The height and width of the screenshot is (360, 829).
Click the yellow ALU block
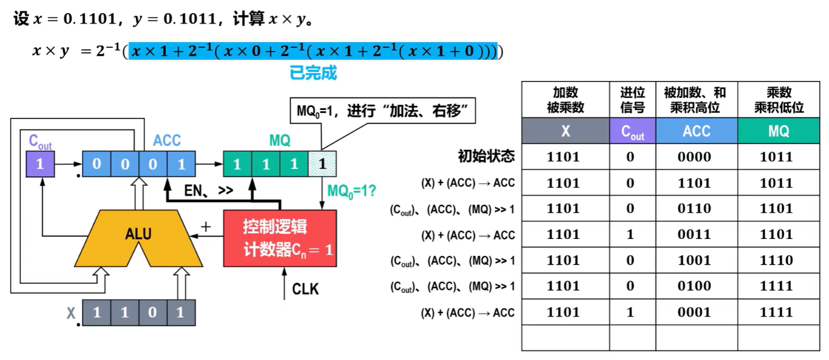point(138,234)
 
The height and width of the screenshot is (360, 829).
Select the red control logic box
point(279,238)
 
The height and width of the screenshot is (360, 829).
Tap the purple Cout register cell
point(40,164)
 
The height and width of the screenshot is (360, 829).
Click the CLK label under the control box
point(305,289)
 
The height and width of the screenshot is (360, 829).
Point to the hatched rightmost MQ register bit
point(322,164)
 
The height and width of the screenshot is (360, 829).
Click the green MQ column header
point(778,131)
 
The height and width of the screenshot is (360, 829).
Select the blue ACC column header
point(696,131)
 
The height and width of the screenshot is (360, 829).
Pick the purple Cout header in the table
point(632,131)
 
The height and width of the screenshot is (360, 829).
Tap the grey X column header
point(565,131)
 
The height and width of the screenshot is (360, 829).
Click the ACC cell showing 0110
point(694,208)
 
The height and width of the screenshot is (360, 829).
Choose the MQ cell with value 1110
point(776,260)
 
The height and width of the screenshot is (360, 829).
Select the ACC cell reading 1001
point(694,260)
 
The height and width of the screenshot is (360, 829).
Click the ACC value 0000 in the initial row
point(694,157)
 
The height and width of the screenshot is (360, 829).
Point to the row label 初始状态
point(486,156)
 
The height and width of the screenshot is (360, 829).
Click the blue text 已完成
point(313,73)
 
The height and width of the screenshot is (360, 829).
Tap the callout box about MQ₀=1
point(382,111)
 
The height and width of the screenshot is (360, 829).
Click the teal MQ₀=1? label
point(352,191)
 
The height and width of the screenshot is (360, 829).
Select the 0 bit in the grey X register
point(153,313)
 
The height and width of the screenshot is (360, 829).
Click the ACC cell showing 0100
point(694,286)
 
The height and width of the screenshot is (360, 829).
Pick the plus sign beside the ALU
point(206,227)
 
